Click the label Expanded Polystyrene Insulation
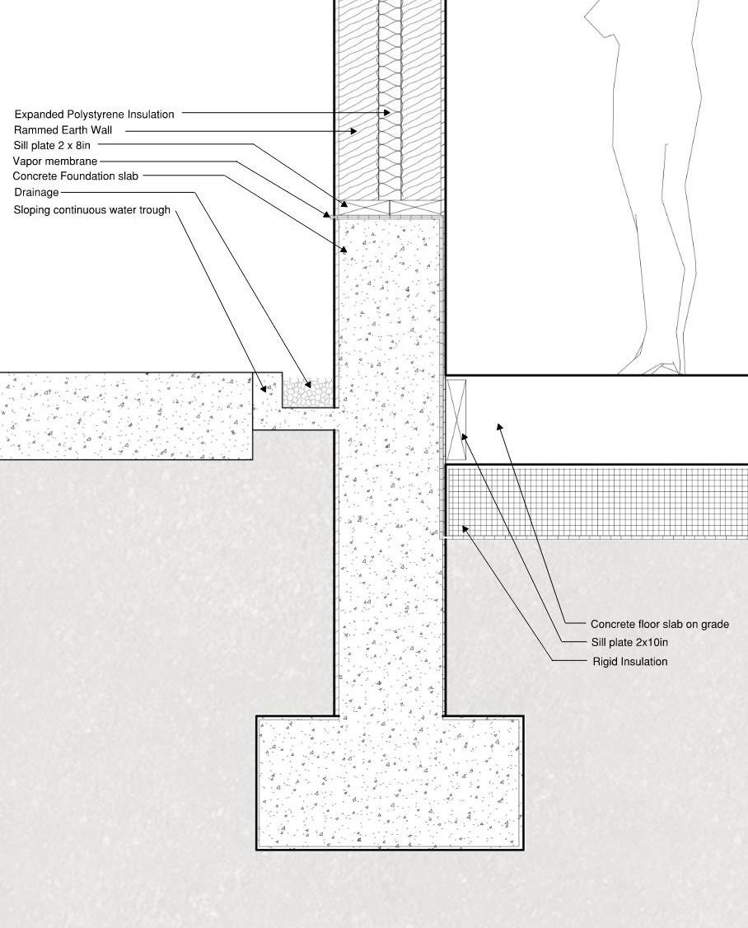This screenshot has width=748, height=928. coord(94,115)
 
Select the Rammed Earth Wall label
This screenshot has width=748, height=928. coord(63,130)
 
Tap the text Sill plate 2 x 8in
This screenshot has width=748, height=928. coord(52,146)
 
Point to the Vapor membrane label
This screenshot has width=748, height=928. coord(54,162)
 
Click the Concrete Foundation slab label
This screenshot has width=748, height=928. coord(76,176)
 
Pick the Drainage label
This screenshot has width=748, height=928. coord(36,193)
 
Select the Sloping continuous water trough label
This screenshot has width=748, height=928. coord(91,210)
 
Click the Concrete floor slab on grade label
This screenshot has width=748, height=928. coord(659,625)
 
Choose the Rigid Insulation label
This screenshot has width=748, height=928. coord(629,662)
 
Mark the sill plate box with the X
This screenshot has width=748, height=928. coord(456,419)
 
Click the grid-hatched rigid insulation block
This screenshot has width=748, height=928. coord(593,501)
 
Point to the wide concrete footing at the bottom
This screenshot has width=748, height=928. coord(390,783)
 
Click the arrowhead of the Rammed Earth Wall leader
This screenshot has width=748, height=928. coord(354,130)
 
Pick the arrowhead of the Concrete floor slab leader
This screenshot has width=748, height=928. coord(498,426)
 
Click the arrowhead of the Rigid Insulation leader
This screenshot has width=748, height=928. coord(465,528)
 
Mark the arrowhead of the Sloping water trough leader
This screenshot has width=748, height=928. coord(264,389)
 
